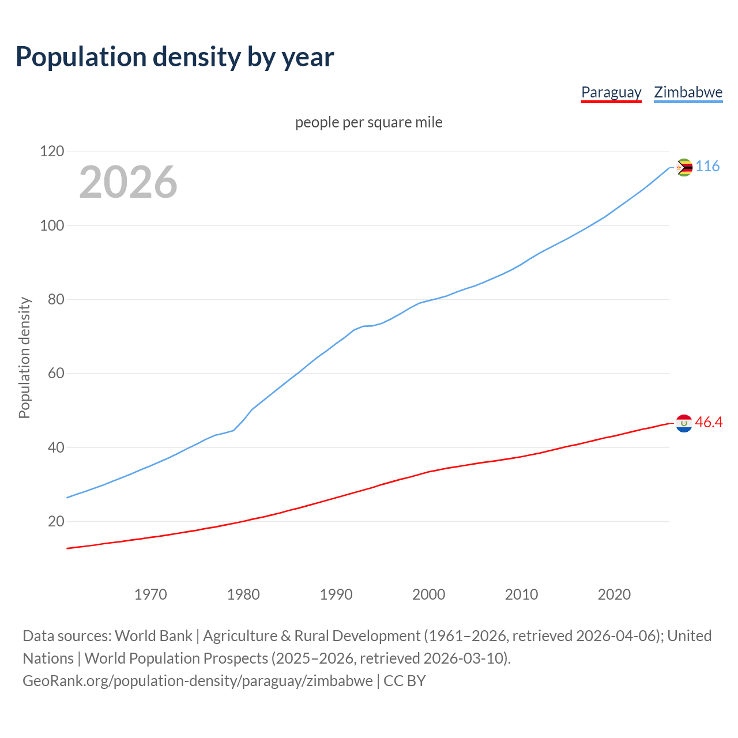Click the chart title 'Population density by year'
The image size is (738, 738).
[x=175, y=57]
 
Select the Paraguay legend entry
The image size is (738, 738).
[x=611, y=92]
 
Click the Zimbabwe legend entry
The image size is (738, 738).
[x=688, y=92]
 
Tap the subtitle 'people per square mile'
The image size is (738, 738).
[x=369, y=122]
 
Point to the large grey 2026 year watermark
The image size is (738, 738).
[x=128, y=182]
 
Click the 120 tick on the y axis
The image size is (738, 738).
[x=52, y=152]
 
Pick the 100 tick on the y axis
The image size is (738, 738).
[x=52, y=225]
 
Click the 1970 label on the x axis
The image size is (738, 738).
[x=150, y=594]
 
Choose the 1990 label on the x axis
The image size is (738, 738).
[x=336, y=594]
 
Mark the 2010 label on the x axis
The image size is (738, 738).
[x=521, y=594]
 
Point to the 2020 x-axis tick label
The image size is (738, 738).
[x=614, y=594]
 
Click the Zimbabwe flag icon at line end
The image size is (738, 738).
[x=684, y=168]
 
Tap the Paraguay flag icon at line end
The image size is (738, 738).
[x=684, y=423]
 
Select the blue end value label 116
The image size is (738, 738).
[x=707, y=166]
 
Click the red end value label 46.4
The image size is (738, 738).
[x=709, y=422]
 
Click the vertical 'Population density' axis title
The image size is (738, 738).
[x=24, y=357]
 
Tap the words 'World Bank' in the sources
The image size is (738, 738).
[x=153, y=635]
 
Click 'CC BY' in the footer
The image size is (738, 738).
[x=405, y=680]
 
